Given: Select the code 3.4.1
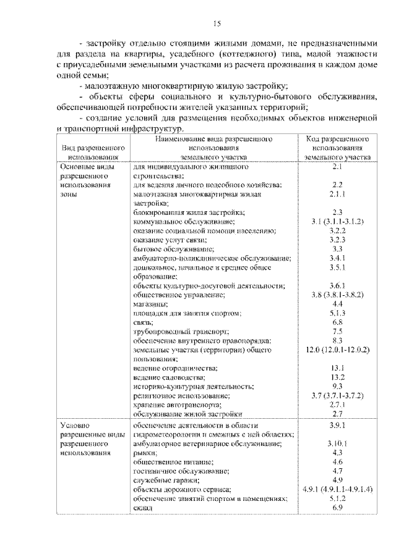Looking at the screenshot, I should (337, 258).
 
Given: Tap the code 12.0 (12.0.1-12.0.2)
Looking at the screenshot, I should (337, 350).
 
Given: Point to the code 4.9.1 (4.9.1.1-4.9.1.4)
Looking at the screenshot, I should (337, 489).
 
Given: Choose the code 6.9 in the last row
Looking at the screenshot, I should (337, 507).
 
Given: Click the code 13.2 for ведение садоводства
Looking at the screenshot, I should (337, 377).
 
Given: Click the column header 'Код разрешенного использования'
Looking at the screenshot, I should (337, 148).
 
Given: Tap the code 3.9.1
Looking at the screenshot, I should (337, 426).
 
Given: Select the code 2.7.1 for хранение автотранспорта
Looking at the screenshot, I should (337, 404).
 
